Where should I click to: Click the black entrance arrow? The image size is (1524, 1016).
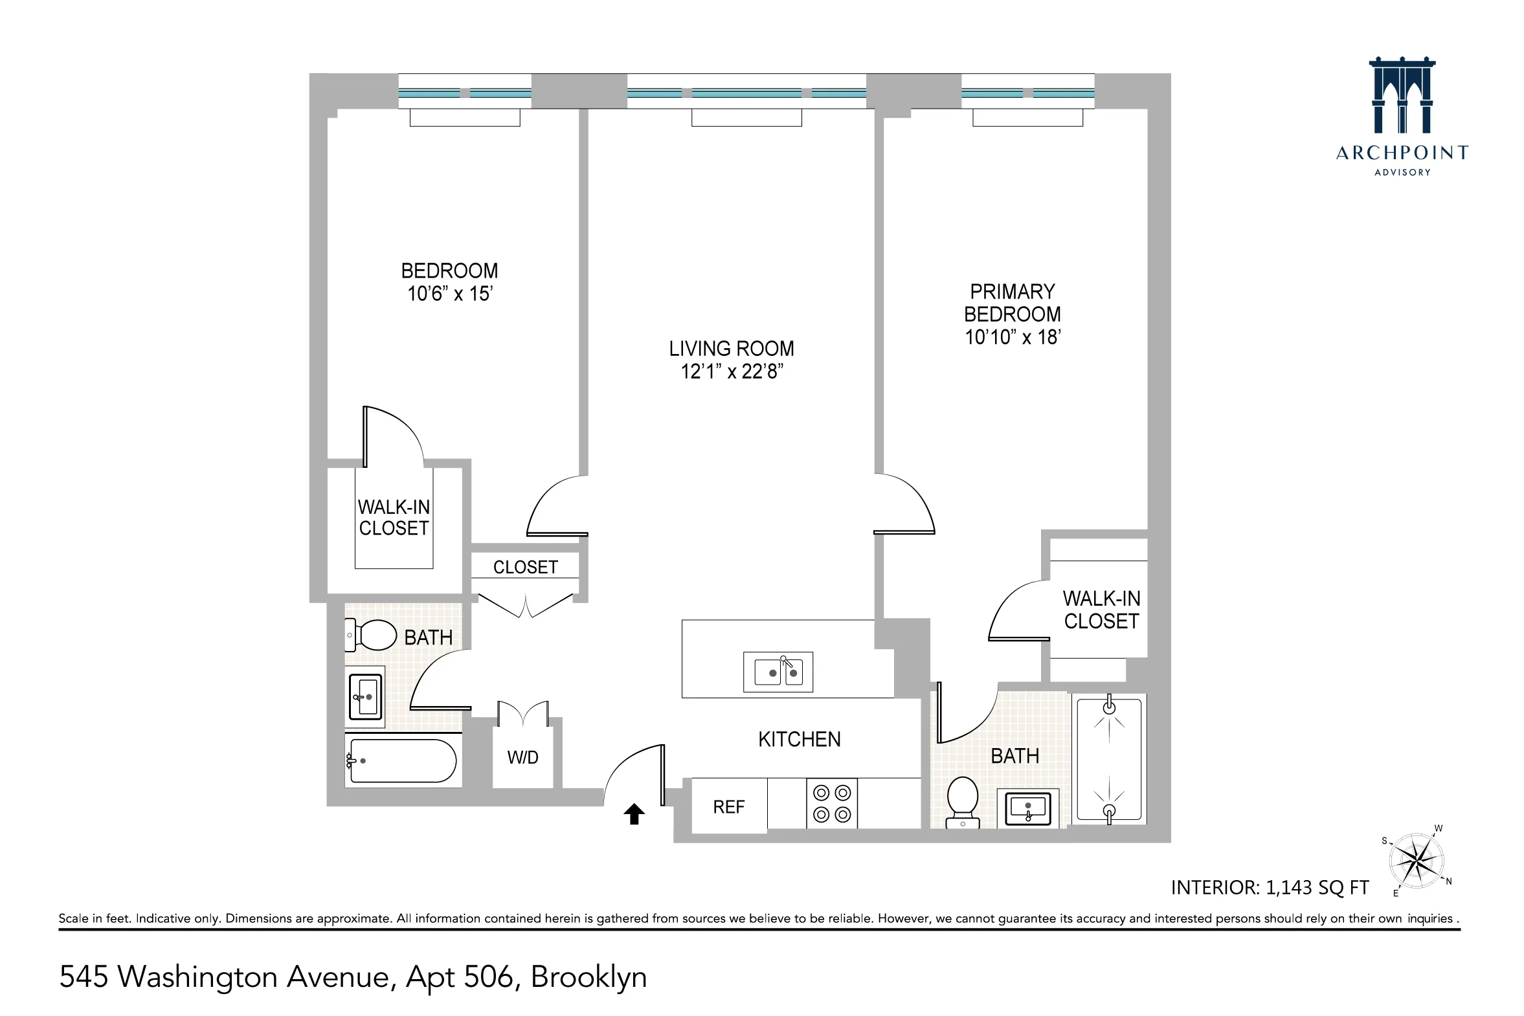634,814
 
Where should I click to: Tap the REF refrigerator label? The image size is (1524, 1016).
728,807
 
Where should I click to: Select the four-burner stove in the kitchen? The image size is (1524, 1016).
832,804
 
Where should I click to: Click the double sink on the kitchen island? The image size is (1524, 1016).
778,672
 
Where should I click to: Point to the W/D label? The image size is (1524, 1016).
522,757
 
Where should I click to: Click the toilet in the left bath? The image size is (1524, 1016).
372,635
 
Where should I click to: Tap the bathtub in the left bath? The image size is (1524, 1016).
402,760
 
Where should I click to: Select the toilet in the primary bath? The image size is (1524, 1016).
963,801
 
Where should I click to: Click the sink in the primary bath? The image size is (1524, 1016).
1027,808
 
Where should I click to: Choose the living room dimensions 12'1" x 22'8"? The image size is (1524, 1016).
732,371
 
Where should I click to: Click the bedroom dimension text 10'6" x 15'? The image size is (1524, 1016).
450,294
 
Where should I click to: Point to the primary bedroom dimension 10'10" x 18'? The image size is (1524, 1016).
1013,337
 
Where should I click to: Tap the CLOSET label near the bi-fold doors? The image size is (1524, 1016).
525,567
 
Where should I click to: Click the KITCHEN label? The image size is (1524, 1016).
800,739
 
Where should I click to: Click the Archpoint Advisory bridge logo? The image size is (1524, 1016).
1402,97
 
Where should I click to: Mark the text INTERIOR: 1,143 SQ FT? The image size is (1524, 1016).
1269,887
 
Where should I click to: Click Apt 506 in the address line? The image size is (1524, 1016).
460,977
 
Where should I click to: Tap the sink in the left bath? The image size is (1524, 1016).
366,697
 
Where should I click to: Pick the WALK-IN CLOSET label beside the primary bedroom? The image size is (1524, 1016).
1101,609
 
